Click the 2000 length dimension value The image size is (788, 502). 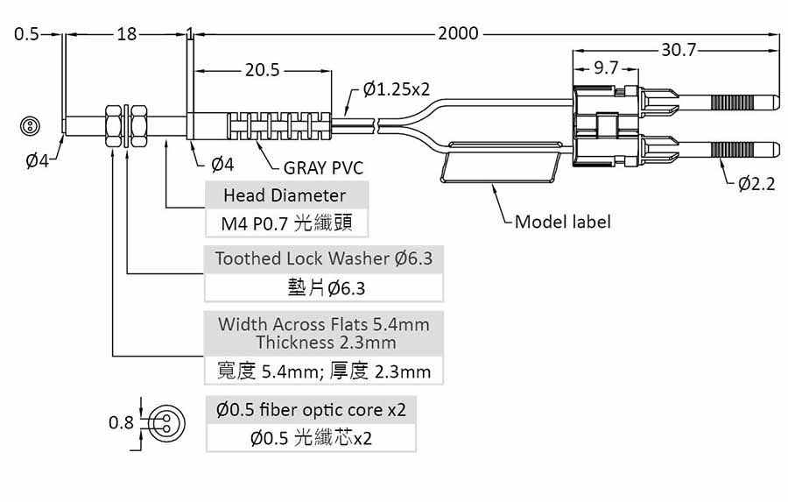pyautogui.click(x=458, y=33)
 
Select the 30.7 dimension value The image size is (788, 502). pyautogui.click(x=679, y=50)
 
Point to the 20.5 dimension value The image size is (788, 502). pyautogui.click(x=262, y=70)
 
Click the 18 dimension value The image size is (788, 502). pyautogui.click(x=127, y=33)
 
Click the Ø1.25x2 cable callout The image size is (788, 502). pyautogui.click(x=396, y=89)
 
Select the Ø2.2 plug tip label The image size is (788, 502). pyautogui.click(x=757, y=184)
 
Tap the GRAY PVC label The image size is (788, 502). pyautogui.click(x=323, y=168)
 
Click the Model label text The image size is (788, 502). pyautogui.click(x=562, y=222)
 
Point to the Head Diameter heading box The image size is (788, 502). pyautogui.click(x=285, y=195)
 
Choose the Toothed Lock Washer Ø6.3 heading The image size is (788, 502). pyautogui.click(x=324, y=258)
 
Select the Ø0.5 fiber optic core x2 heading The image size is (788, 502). pyautogui.click(x=311, y=410)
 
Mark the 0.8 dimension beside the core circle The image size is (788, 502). pyautogui.click(x=121, y=422)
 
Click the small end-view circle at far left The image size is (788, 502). pyautogui.click(x=30, y=126)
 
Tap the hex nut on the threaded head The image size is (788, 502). pyautogui.click(x=114, y=126)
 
